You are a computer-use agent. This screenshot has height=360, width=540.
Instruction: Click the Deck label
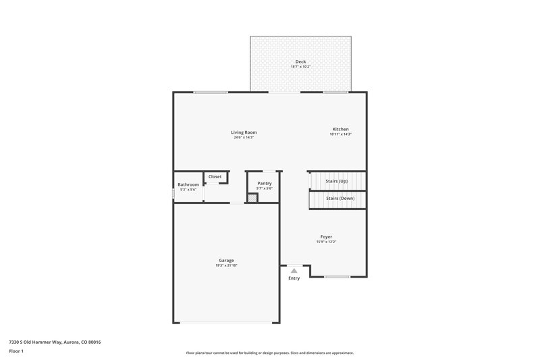click(x=300, y=61)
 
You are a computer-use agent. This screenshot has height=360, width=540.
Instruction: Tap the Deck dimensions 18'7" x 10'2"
click(x=300, y=67)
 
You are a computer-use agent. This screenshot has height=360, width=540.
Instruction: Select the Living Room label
click(x=244, y=132)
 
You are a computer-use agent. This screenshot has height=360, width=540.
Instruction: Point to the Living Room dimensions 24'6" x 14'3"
click(x=244, y=138)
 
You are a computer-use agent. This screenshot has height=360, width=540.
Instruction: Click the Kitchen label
click(x=340, y=129)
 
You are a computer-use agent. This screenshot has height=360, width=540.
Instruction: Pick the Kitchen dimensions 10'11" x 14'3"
click(x=340, y=134)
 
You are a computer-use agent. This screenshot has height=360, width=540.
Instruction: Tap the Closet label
click(x=215, y=176)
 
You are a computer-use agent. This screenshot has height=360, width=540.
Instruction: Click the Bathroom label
click(x=188, y=184)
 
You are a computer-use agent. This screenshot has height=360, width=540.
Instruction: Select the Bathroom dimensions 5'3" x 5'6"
click(x=188, y=190)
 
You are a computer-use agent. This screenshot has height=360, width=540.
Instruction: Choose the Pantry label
click(x=265, y=183)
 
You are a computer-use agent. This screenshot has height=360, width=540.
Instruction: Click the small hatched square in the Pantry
click(x=252, y=198)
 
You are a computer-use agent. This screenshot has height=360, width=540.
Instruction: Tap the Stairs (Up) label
click(x=337, y=181)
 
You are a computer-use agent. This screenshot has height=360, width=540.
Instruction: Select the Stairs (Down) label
click(x=340, y=198)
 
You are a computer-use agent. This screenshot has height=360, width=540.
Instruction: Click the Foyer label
click(x=326, y=236)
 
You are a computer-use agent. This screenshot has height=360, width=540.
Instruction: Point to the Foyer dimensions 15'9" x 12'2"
click(x=326, y=242)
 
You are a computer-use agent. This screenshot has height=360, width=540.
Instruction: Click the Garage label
click(x=226, y=260)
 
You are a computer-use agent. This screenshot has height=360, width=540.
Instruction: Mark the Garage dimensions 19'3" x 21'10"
click(x=226, y=265)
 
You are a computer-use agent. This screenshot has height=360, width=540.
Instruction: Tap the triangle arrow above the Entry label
click(x=294, y=270)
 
